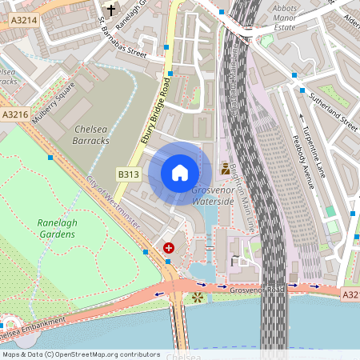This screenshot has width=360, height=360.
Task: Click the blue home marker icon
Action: (180, 172)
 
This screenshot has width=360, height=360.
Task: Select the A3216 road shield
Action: (15, 115)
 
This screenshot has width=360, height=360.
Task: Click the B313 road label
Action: (129, 174)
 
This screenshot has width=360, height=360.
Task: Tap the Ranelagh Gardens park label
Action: (56, 228)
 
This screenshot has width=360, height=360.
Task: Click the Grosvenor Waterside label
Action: (214, 197)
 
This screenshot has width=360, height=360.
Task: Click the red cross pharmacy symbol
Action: (169, 249)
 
